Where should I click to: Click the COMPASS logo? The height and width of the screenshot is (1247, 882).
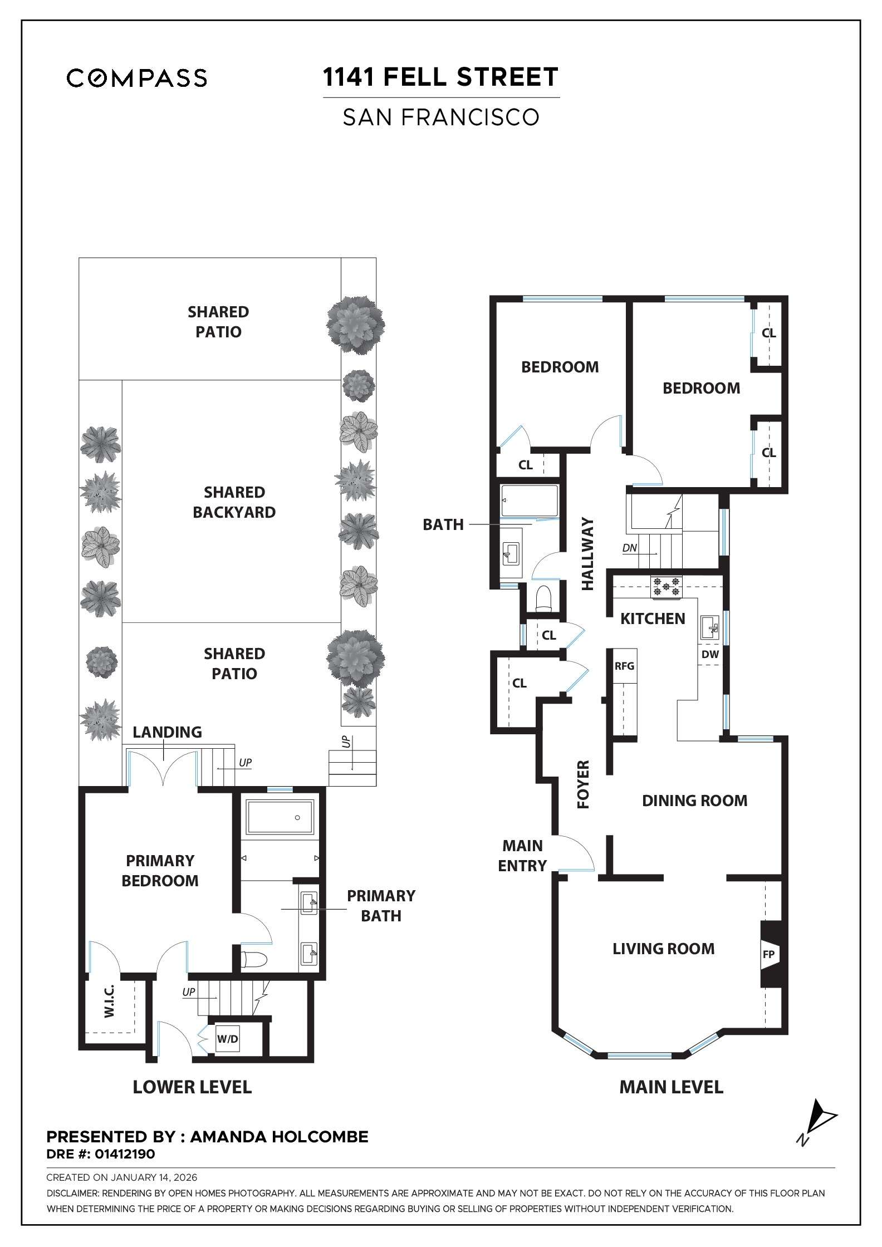(x=137, y=78)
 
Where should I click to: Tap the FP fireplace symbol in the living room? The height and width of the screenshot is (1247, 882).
(x=768, y=955)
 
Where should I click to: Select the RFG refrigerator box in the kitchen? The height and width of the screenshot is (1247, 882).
(x=624, y=666)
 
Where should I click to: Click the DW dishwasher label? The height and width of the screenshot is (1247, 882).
(x=710, y=655)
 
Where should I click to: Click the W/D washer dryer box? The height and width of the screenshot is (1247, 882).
(x=227, y=1039)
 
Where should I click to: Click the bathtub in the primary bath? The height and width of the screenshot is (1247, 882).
(x=280, y=817)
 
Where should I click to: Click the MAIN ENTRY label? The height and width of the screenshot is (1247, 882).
(x=522, y=856)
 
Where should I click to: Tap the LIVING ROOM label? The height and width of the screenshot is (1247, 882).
(x=663, y=949)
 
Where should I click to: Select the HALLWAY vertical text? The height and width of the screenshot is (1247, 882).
(x=588, y=554)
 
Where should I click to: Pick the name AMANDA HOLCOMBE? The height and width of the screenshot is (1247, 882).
(x=279, y=1137)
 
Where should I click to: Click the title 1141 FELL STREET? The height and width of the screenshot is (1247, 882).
(x=440, y=77)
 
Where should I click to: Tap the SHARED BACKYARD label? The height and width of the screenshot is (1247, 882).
(x=234, y=502)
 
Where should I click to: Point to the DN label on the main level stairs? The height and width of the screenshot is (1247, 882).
(x=629, y=548)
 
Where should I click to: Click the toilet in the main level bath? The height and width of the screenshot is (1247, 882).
(x=542, y=599)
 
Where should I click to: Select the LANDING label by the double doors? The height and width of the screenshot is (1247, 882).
(x=167, y=732)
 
